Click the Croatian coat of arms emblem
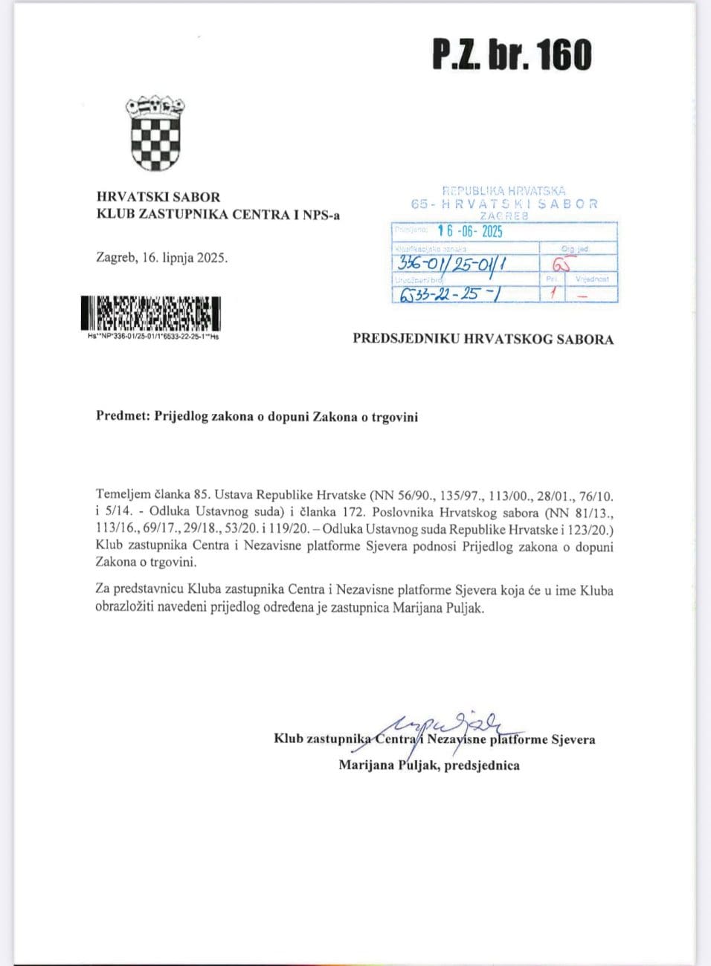pos(155,134)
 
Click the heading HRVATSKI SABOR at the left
pos(158,197)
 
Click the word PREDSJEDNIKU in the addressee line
pos(405,340)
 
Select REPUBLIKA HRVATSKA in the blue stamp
pos(504,191)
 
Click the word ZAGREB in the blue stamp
pos(504,215)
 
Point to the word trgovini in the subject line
pos(394,417)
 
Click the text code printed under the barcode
pos(153,336)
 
